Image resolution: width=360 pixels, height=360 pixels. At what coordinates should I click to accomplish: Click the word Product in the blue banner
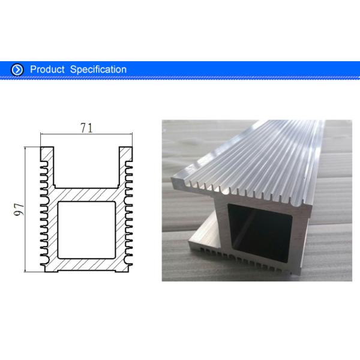click(x=47, y=70)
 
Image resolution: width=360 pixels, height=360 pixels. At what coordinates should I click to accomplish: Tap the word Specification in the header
click(x=98, y=70)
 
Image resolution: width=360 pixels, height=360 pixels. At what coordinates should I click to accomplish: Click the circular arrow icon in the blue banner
click(x=17, y=70)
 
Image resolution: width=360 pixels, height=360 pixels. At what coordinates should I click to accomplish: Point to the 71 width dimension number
click(x=86, y=128)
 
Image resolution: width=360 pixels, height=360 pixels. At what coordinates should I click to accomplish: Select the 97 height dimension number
click(x=18, y=209)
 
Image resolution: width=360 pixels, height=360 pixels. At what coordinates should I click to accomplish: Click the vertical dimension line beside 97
click(x=26, y=209)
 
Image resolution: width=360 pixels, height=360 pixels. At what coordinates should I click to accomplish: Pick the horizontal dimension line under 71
click(x=86, y=136)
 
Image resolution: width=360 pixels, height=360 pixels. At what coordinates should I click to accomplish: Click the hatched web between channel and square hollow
click(x=86, y=193)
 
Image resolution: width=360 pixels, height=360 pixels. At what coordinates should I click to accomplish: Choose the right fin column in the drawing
click(x=128, y=210)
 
